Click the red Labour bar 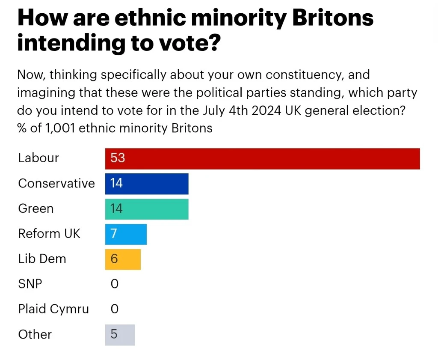262,158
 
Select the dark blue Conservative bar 147,184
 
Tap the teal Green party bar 147,209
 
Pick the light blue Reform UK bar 126,234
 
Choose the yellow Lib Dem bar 123,259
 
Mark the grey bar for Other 120,334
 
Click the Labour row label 38,158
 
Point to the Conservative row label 56,184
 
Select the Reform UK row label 49,234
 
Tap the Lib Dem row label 42,259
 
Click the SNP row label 30,284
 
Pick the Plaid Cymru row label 53,309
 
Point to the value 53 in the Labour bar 118,158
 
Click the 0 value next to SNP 114,284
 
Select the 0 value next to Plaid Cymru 114,309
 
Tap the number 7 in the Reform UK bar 114,234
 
